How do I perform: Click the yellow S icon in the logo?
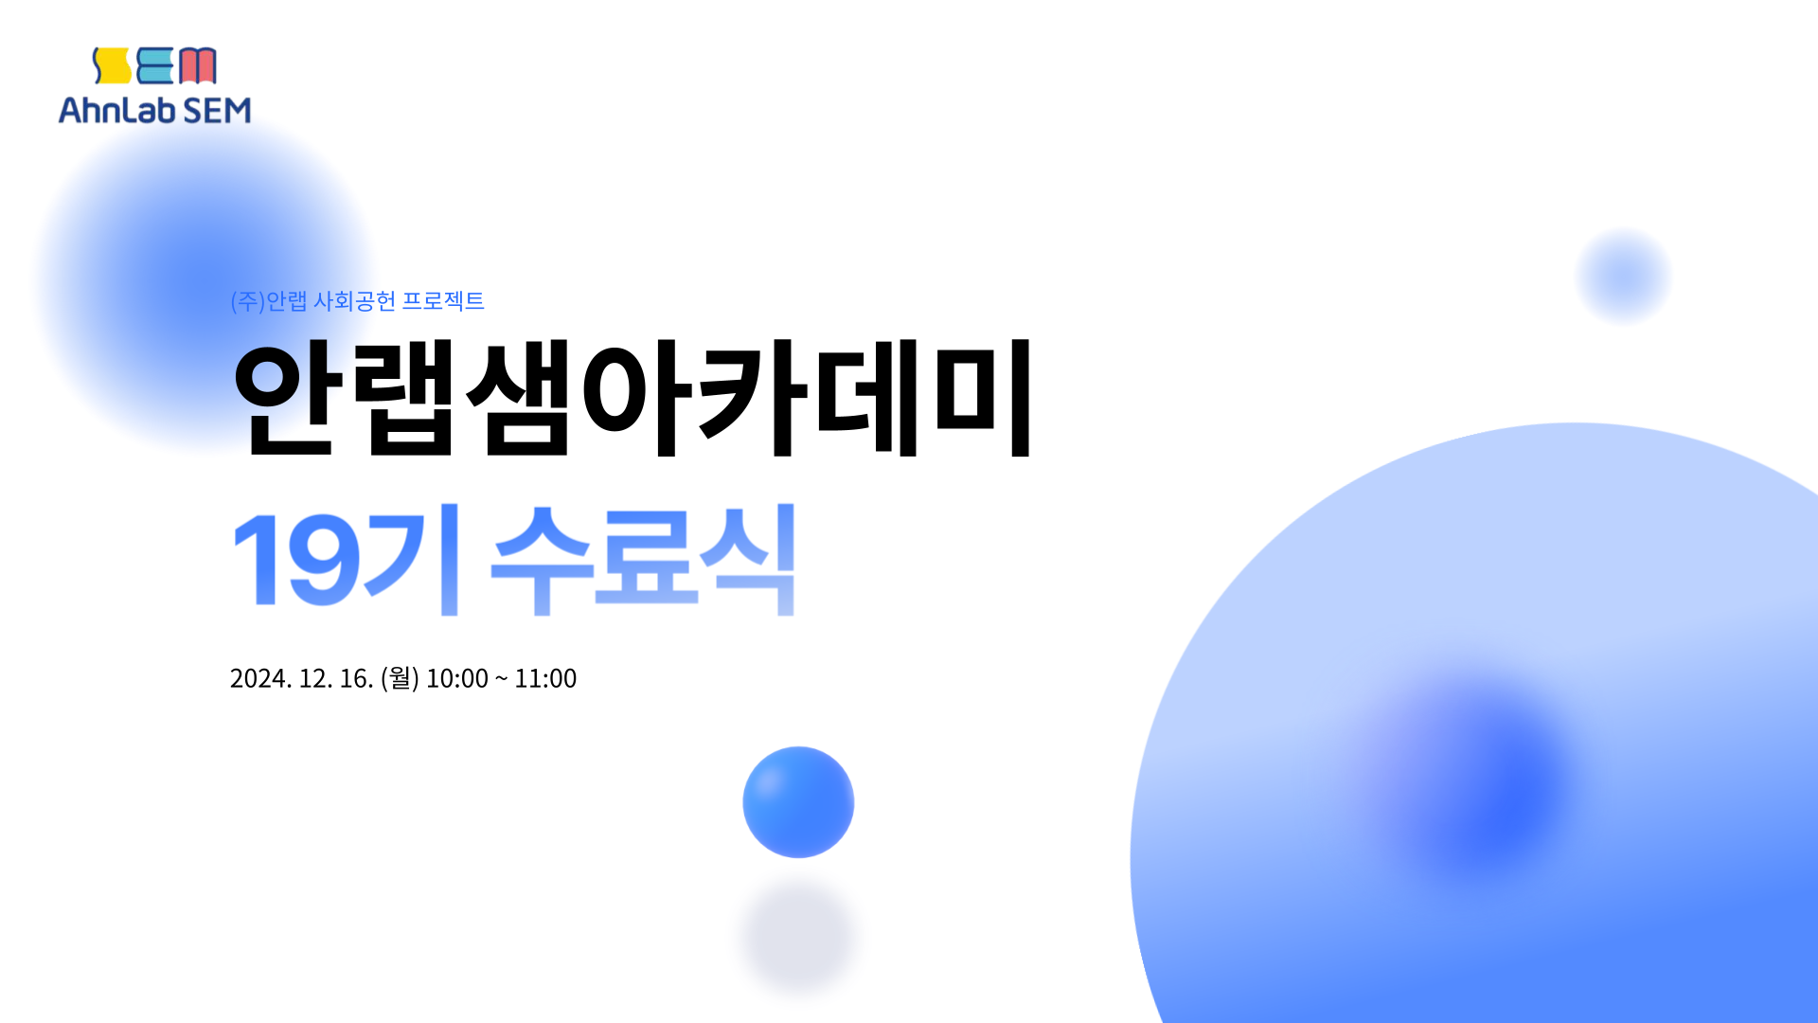click(x=111, y=65)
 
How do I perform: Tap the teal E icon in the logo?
click(x=155, y=65)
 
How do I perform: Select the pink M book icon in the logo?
click(x=198, y=65)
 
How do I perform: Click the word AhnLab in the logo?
click(x=117, y=110)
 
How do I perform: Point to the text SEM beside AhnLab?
click(x=217, y=110)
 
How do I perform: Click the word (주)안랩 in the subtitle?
click(x=269, y=300)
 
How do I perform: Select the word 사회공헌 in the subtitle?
click(x=354, y=300)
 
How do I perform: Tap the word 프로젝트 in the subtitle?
click(x=443, y=300)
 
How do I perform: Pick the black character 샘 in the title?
click(x=518, y=398)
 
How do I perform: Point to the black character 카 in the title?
click(x=750, y=398)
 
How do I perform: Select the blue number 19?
click(x=296, y=560)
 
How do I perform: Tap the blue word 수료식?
click(x=643, y=560)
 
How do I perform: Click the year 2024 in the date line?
click(x=260, y=678)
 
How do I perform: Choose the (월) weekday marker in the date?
click(x=400, y=678)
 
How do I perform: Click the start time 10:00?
click(x=457, y=678)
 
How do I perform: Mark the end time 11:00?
click(x=545, y=678)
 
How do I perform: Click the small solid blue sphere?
click(x=798, y=802)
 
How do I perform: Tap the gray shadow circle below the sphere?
click(x=798, y=936)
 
